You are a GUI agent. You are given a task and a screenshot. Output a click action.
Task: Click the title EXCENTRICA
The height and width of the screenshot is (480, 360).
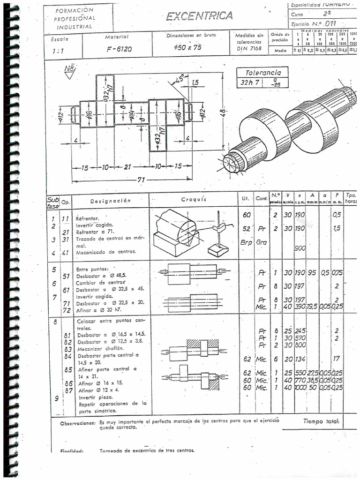(x=199, y=16)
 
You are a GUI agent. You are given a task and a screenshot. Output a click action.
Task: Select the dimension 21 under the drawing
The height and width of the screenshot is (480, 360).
(x=128, y=166)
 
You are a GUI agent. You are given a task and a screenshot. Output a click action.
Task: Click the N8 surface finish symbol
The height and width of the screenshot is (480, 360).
(x=69, y=72)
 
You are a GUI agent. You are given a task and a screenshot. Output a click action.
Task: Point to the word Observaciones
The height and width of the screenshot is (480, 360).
(x=78, y=423)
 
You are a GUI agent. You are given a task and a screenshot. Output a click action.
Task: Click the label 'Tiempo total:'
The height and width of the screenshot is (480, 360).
(x=321, y=421)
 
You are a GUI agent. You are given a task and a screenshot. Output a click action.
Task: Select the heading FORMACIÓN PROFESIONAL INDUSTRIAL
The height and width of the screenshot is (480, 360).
(x=75, y=18)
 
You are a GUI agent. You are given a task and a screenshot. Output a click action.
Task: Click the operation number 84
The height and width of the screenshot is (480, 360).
(x=67, y=356)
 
